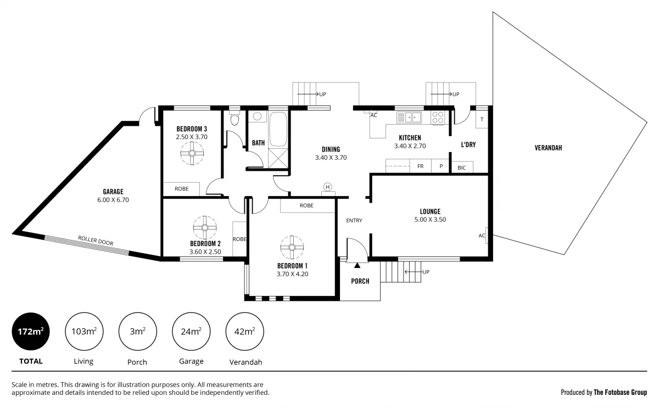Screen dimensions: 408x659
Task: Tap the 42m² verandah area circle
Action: (244, 332)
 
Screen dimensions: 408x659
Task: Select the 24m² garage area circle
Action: (191, 332)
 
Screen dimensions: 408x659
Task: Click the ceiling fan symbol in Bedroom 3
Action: (192, 153)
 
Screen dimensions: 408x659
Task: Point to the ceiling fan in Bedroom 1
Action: (292, 247)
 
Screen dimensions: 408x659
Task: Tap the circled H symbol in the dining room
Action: (328, 187)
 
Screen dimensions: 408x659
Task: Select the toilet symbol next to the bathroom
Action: (235, 120)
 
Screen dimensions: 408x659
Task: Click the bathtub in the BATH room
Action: (278, 130)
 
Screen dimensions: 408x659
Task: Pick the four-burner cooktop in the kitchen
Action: (438, 118)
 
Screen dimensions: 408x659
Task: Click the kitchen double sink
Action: (409, 117)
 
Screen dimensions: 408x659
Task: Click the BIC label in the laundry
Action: (461, 167)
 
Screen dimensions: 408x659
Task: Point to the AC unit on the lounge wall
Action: (483, 236)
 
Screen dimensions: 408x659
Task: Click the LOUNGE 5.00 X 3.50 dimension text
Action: (430, 220)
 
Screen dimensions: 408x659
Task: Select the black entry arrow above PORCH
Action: (358, 266)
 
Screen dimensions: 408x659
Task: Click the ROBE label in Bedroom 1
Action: (306, 205)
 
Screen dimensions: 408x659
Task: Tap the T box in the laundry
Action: (482, 120)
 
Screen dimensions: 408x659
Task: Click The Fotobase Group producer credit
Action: (604, 392)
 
